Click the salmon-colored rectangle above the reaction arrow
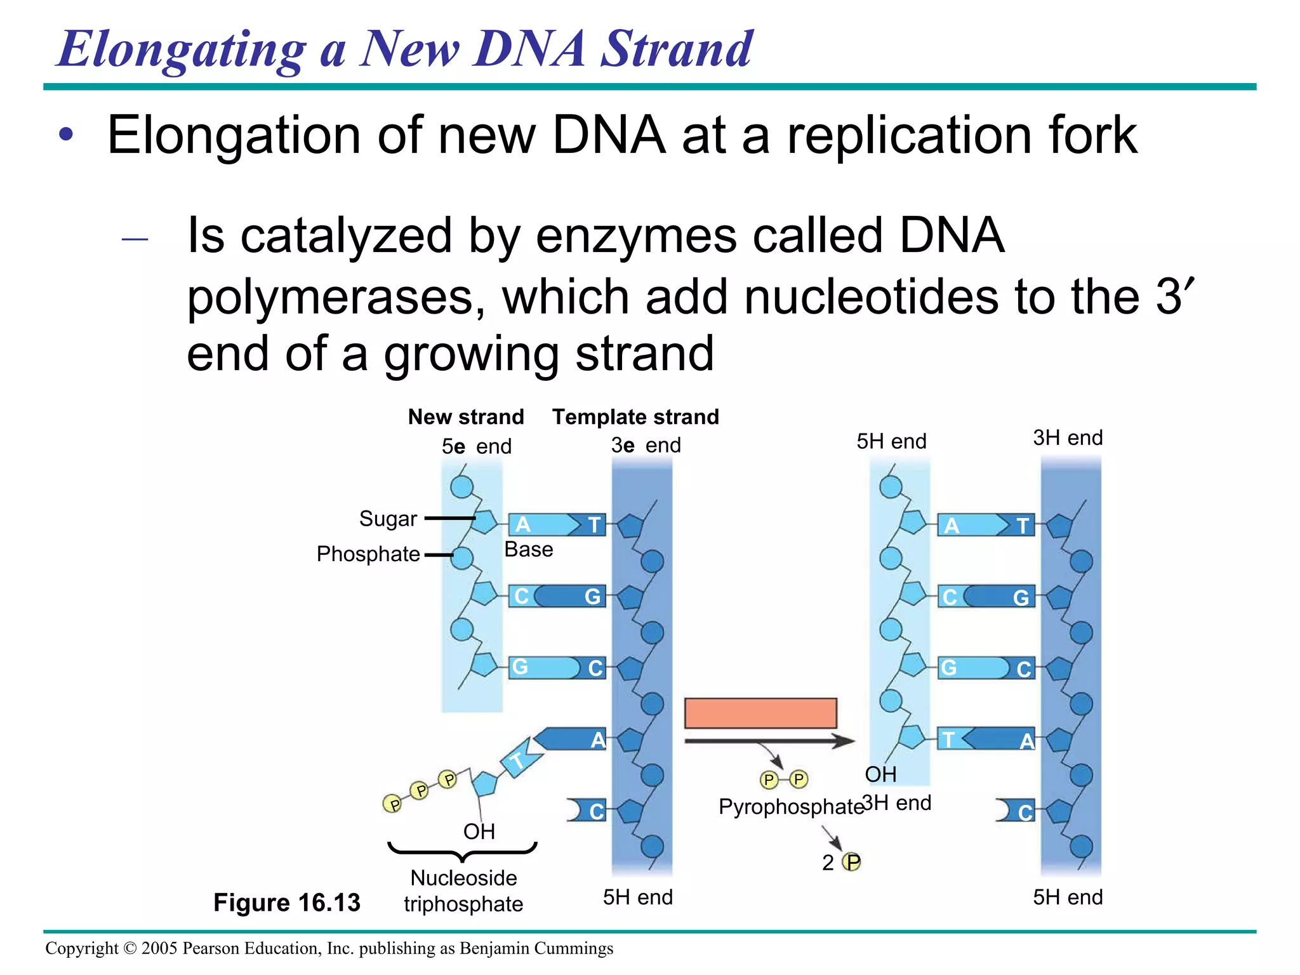760,713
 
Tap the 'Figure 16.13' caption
286,902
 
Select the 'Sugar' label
388,519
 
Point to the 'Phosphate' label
368,554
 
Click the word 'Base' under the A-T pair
528,549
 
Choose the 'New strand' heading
466,417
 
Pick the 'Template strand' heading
635,417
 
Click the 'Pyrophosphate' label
791,807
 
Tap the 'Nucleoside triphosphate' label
463,891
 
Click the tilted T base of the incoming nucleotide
519,759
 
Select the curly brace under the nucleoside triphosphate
463,851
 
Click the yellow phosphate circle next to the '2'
851,862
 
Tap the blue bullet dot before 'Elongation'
66,135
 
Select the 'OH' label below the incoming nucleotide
479,832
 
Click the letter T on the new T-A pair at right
948,740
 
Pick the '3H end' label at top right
1068,437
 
